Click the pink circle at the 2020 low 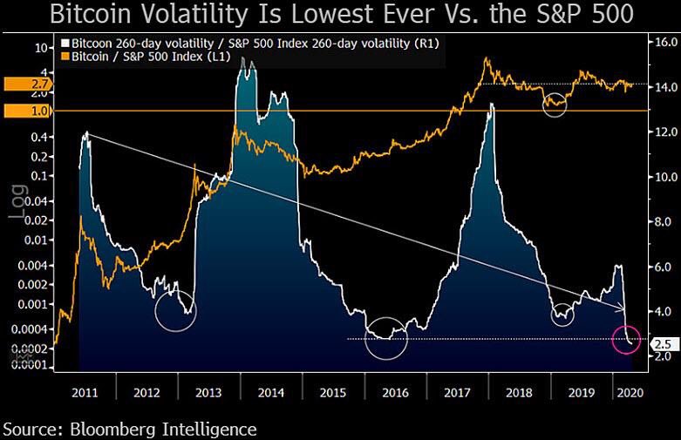point(627,339)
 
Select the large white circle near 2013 point(175,310)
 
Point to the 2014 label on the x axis point(272,391)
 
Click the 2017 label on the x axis point(458,391)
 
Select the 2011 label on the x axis point(85,391)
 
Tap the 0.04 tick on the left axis point(37,200)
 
